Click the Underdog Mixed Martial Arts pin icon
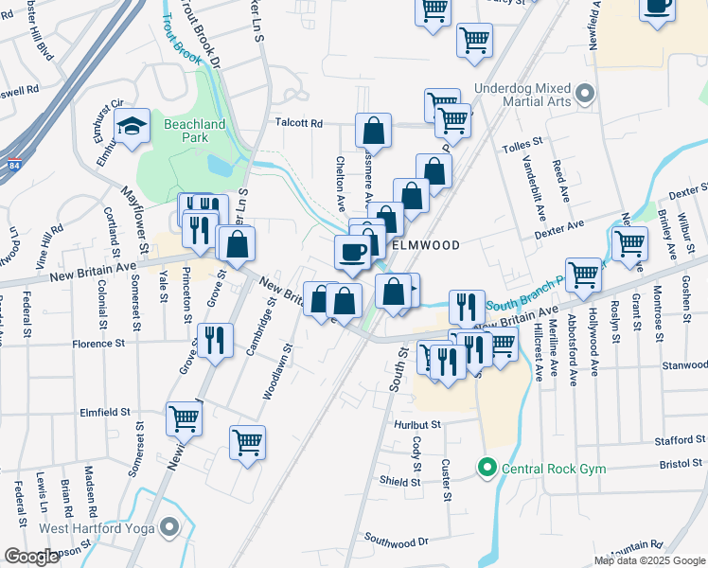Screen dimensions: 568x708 (x=585, y=95)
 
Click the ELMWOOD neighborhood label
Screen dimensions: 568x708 (x=426, y=245)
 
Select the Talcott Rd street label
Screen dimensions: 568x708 (x=299, y=123)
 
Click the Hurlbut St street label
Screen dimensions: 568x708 (x=417, y=425)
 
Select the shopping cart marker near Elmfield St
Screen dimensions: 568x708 (x=185, y=417)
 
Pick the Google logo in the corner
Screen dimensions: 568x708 (x=31, y=557)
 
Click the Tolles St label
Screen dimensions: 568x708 (x=521, y=142)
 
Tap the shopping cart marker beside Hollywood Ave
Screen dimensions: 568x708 (x=584, y=274)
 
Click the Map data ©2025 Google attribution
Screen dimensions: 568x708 (x=648, y=560)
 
